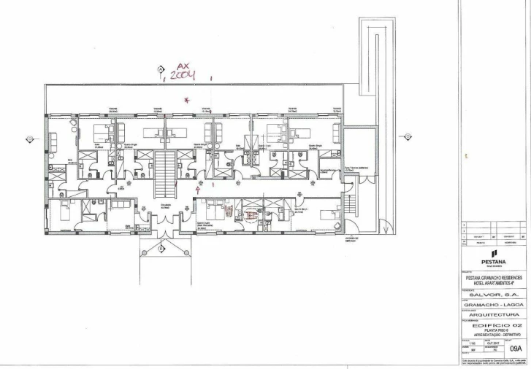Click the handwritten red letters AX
178,64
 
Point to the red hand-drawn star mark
187,99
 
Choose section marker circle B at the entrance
161,250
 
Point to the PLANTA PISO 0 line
493,330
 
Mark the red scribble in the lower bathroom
253,215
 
